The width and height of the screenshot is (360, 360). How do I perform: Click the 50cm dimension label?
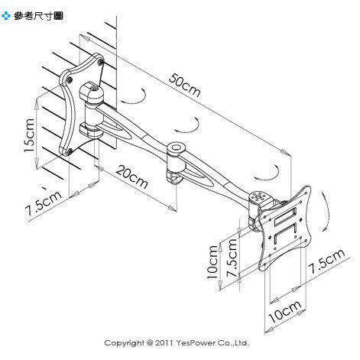185,86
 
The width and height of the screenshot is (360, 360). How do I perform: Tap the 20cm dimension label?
131,177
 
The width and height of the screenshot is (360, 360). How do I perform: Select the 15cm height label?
29,135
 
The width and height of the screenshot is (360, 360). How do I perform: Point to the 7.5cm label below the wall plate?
43,203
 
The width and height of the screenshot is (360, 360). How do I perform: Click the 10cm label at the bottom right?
285,312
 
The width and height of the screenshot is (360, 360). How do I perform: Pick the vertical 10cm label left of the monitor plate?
212,262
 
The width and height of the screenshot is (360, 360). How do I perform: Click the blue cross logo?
6,16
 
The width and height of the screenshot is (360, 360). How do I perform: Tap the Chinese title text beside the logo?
38,16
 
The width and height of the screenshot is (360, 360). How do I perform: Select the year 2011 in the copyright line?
164,343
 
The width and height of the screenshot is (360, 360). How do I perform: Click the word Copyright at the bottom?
124,343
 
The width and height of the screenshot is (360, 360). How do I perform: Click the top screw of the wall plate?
100,62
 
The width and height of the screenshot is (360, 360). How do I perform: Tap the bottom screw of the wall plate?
70,152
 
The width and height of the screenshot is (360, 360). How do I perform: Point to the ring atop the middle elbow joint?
176,148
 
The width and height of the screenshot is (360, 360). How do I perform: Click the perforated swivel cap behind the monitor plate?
258,197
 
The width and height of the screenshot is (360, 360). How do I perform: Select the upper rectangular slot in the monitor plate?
285,217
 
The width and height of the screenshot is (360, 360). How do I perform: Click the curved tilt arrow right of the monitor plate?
326,211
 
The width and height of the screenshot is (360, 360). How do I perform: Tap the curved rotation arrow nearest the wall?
135,98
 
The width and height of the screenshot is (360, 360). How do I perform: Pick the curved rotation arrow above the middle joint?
187,126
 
